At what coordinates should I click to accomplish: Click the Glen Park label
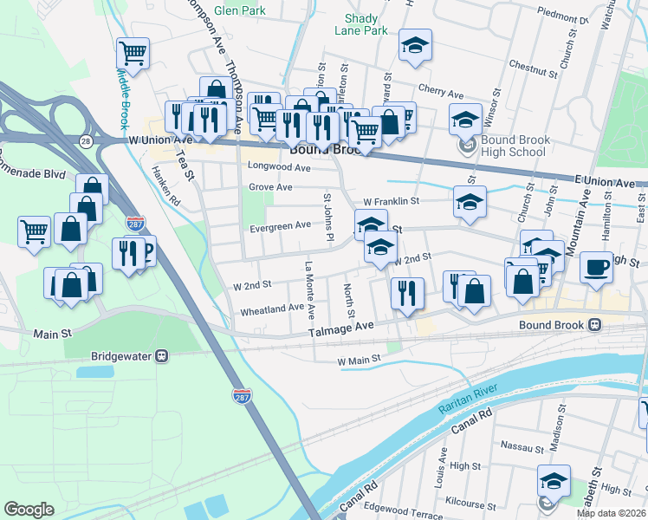pos(238,10)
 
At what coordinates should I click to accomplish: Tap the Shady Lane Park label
pos(361,23)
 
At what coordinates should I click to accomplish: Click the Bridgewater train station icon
pos(161,356)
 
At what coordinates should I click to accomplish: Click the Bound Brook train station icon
pos(595,325)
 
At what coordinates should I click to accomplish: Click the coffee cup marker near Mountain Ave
pos(595,267)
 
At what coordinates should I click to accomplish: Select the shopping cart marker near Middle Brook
pos(133,53)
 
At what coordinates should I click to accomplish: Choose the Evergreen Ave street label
pos(279,225)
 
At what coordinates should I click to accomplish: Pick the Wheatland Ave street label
pos(272,308)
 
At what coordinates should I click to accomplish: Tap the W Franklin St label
pos(391,201)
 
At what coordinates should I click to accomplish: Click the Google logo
pos(29,510)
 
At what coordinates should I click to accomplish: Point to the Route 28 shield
pos(84,140)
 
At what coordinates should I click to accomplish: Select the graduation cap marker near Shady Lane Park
pos(416,45)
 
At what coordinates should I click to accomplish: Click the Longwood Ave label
pos(279,166)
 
